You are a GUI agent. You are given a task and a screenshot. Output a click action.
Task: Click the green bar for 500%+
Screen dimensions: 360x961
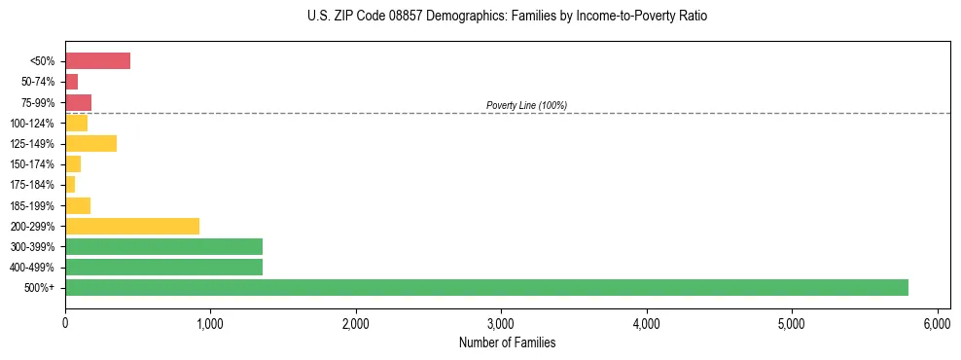[486, 287]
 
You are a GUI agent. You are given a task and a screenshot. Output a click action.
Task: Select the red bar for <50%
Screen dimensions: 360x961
[97, 61]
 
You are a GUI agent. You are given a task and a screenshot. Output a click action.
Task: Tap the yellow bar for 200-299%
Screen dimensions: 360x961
[132, 226]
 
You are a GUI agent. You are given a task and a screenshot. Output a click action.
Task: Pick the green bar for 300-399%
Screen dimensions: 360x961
[163, 246]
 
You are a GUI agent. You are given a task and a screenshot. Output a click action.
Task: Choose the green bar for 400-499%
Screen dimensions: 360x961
[163, 267]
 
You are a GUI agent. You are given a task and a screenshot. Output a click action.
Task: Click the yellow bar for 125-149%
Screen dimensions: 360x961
[90, 143]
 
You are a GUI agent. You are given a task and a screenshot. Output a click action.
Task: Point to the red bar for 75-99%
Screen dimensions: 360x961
[78, 102]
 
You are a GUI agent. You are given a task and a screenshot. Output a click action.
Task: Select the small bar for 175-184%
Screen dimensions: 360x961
[70, 184]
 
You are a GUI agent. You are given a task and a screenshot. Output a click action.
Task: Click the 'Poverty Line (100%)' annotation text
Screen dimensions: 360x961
[526, 105]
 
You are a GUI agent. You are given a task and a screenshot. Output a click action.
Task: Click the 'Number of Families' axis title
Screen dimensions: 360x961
[507, 342]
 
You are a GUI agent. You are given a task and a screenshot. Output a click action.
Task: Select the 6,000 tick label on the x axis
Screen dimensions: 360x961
[937, 323]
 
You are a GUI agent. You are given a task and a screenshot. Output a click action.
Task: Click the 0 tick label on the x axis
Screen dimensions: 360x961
[65, 323]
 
